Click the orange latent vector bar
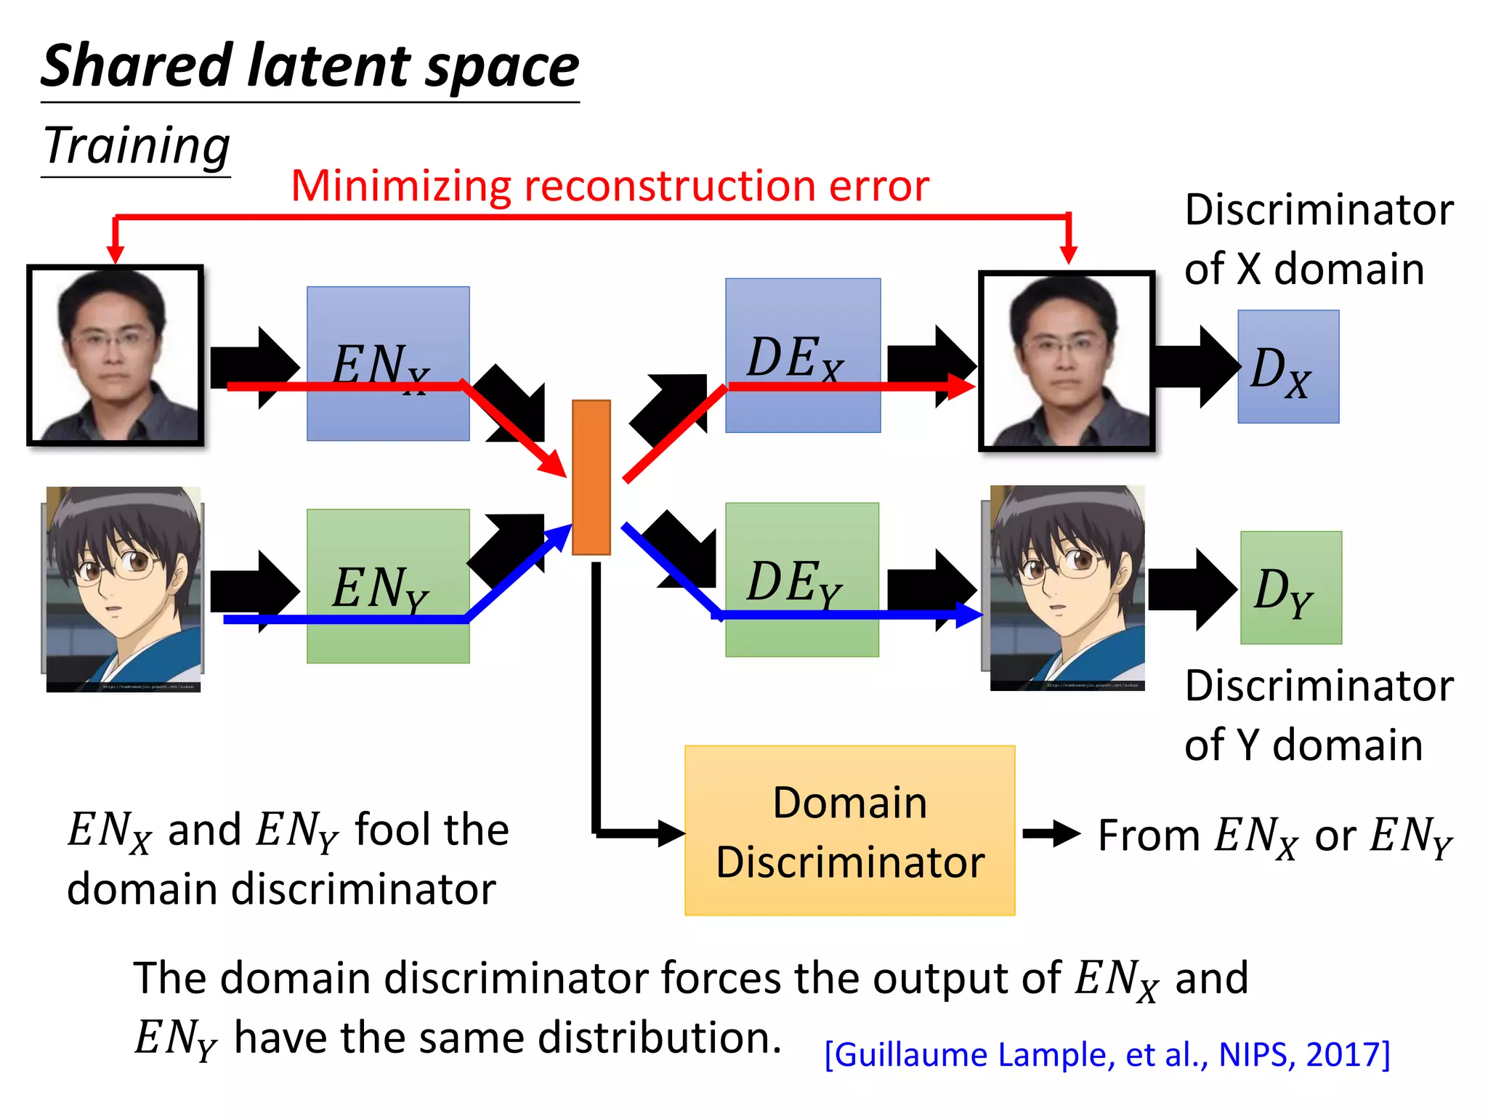coord(591,477)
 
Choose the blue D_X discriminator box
coord(1288,367)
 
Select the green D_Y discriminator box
coord(1291,588)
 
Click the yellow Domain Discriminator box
coord(849,830)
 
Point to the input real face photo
coord(115,355)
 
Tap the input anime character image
coord(123,589)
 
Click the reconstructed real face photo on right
coord(1067,361)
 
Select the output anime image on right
coord(1067,587)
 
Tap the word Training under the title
coord(137,145)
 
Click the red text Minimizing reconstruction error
coord(610,185)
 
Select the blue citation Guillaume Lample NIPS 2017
coord(1107,1054)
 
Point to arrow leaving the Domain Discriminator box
coord(1051,833)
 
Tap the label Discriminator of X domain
coord(1317,239)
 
